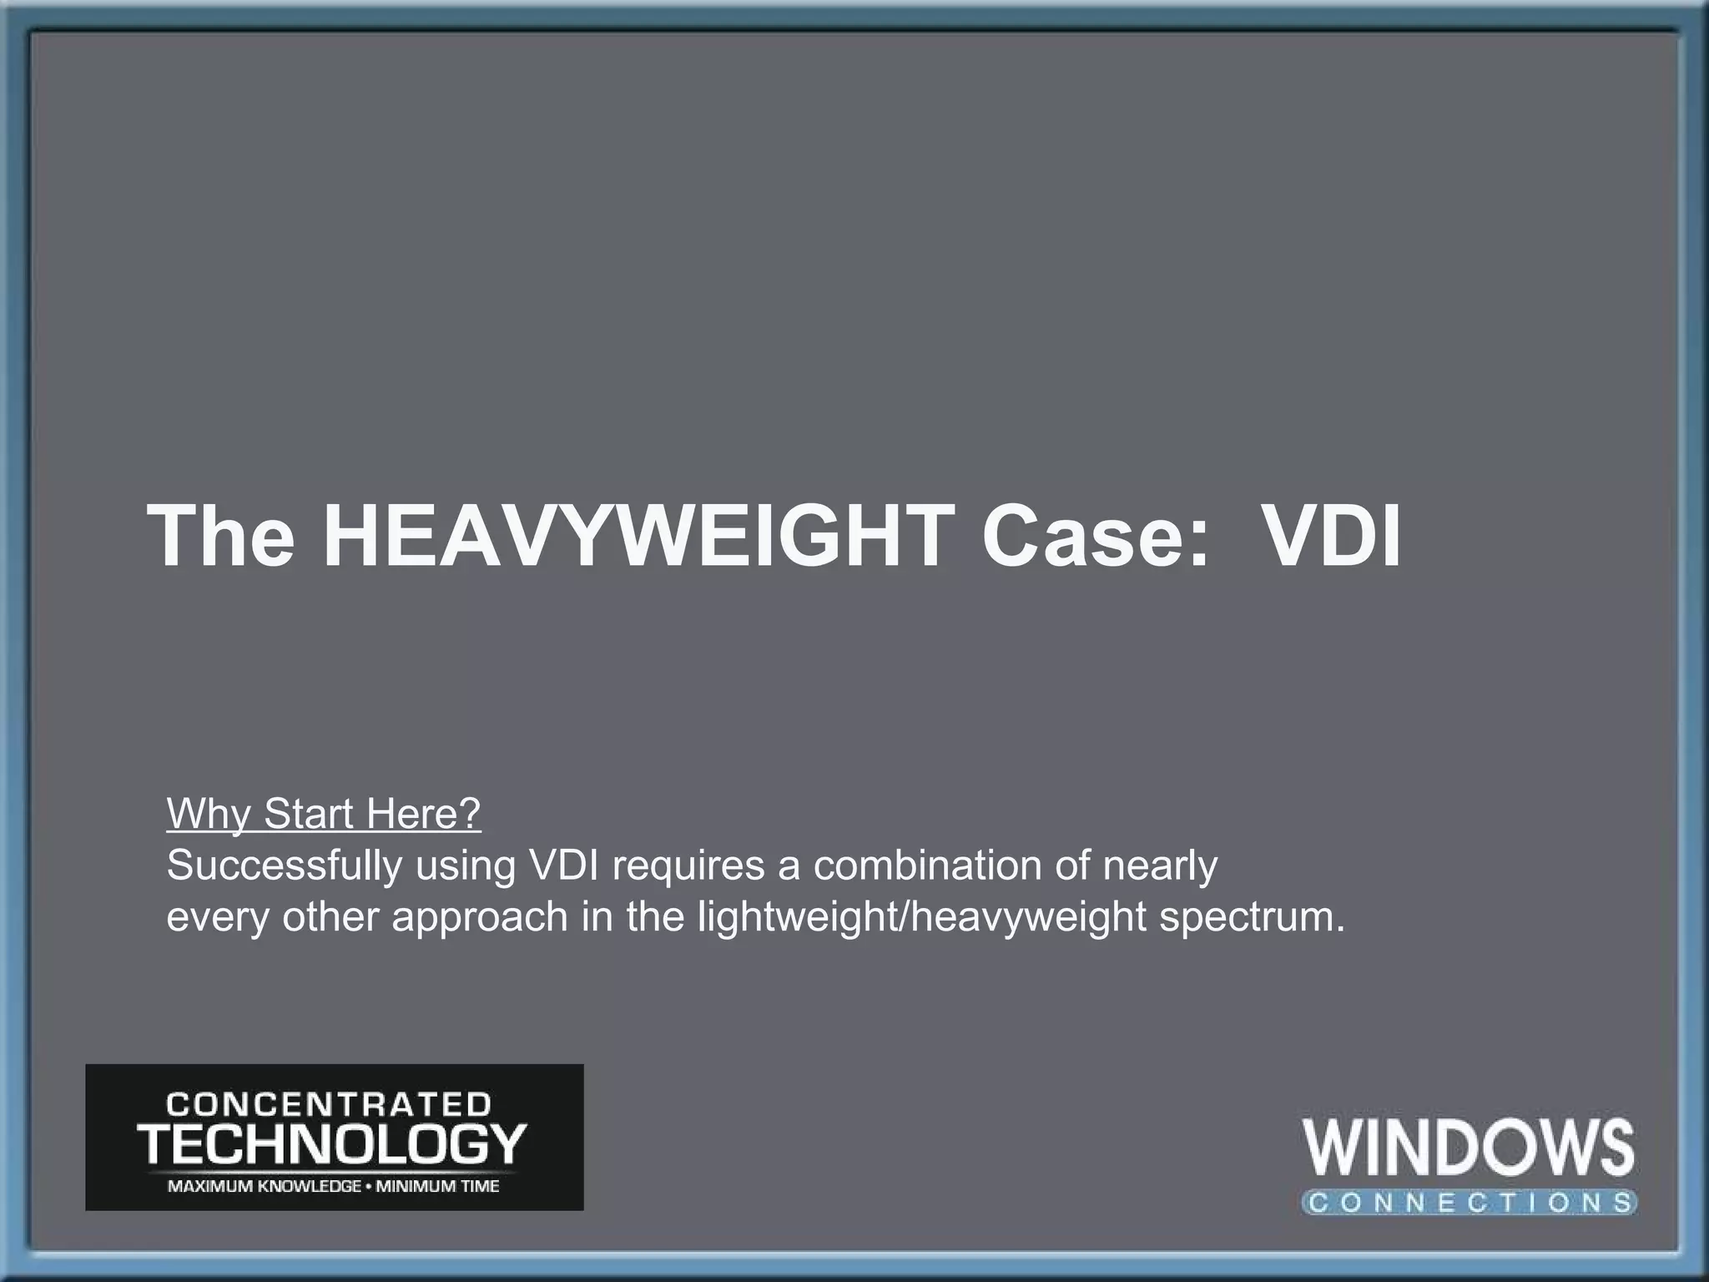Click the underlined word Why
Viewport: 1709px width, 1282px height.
click(209, 814)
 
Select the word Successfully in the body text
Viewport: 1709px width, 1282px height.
click(285, 866)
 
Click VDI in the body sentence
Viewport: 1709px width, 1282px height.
click(564, 866)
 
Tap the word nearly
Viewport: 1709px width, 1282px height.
click(1160, 867)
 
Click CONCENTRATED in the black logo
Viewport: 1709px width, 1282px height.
click(329, 1105)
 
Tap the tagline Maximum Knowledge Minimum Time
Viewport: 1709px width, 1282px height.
click(334, 1186)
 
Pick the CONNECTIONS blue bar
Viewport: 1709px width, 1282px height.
click(1469, 1202)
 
